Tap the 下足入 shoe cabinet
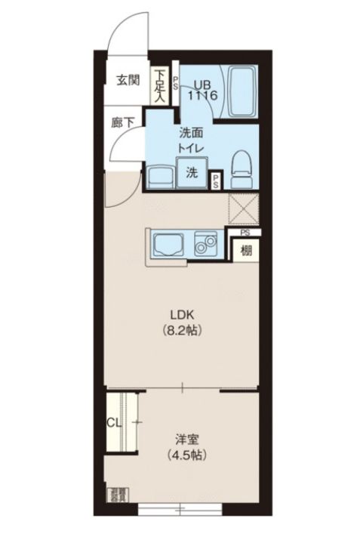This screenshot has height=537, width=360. point(160,85)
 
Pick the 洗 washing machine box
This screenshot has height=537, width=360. point(192,171)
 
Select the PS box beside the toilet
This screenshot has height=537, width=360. point(215,180)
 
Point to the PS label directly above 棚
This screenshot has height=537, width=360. point(245,234)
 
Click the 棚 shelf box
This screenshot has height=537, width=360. point(246,250)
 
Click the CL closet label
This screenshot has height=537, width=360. point(114,423)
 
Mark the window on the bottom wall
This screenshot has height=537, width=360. point(182,509)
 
